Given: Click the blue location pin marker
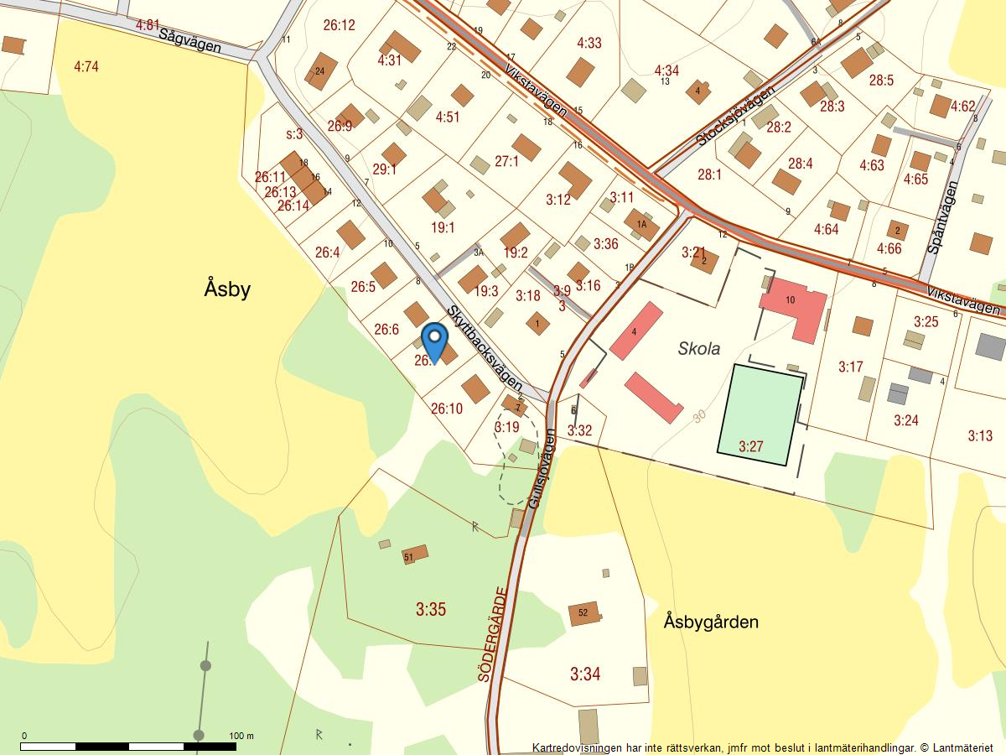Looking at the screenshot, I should pyautogui.click(x=434, y=341).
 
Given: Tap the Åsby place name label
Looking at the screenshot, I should pyautogui.click(x=227, y=289).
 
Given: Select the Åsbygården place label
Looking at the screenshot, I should pyautogui.click(x=711, y=622).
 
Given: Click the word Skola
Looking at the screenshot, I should pyautogui.click(x=698, y=349).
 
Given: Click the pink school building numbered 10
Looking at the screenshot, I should pyautogui.click(x=793, y=305).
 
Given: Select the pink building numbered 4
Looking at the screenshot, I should pyautogui.click(x=636, y=331).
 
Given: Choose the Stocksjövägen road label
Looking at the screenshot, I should pyautogui.click(x=736, y=109).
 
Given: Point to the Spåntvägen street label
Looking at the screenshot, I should pyautogui.click(x=943, y=218).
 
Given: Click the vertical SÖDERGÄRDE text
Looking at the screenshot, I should pyautogui.click(x=495, y=633).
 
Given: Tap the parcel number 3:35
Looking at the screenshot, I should pyautogui.click(x=431, y=609).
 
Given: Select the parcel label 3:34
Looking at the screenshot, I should pyautogui.click(x=585, y=674).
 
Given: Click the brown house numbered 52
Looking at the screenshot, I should pyautogui.click(x=584, y=613).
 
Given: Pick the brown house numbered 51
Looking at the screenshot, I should pyautogui.click(x=414, y=555).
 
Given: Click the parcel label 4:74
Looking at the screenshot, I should pyautogui.click(x=86, y=66).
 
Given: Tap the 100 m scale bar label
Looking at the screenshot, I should pyautogui.click(x=241, y=736).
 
